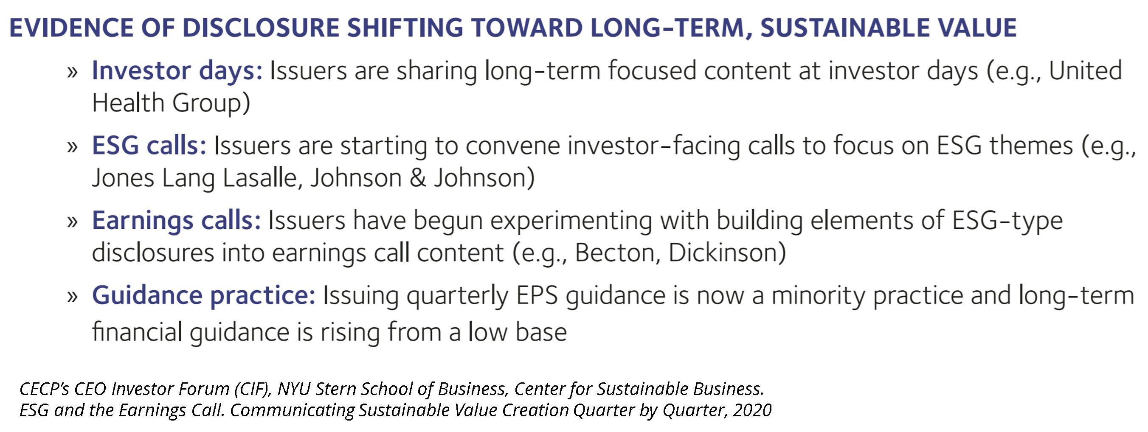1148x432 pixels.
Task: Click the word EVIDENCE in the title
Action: [x=71, y=28]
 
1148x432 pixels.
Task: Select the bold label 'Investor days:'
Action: [x=177, y=71]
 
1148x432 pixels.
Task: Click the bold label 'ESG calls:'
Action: [x=149, y=146]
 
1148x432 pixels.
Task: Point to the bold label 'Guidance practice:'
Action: [x=204, y=296]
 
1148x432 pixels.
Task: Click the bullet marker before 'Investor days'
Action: [x=72, y=72]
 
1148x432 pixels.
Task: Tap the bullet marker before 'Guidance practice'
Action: [x=72, y=297]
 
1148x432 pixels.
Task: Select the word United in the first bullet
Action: [x=1085, y=71]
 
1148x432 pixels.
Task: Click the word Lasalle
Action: [x=260, y=178]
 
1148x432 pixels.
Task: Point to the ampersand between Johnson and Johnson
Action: [x=418, y=178]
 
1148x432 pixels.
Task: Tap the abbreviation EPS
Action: [x=537, y=296]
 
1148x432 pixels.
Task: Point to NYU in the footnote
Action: [x=294, y=389]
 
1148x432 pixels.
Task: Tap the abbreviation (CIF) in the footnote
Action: [x=253, y=389]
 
